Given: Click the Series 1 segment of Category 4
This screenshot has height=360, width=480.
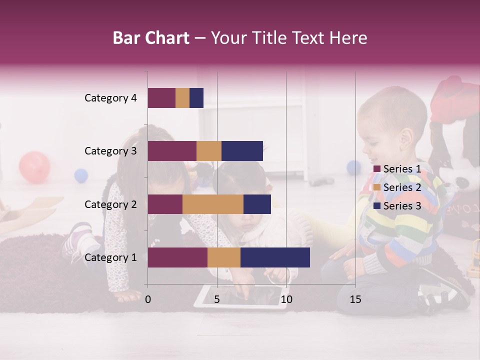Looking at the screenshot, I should (161, 98).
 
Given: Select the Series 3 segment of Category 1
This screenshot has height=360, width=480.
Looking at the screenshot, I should (275, 257).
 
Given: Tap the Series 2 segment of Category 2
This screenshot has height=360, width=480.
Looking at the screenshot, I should (213, 204).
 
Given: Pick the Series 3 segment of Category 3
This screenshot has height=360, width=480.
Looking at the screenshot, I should (242, 151).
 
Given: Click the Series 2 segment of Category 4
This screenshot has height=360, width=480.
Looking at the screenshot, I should (182, 98).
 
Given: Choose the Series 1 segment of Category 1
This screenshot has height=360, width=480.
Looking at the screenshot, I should (177, 257).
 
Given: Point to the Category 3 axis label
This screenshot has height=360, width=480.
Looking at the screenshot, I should (110, 151).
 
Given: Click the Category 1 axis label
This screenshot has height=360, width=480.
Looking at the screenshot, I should (110, 257).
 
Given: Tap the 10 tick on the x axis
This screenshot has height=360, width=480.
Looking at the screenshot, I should (286, 299).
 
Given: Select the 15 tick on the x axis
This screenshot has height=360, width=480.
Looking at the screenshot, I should (355, 299).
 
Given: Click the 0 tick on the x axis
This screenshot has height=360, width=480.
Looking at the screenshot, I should (148, 299).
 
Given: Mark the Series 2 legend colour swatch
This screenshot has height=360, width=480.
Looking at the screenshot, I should (377, 187).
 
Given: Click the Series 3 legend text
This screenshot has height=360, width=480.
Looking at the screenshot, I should (402, 206).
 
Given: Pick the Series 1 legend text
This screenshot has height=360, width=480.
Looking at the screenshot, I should (402, 169).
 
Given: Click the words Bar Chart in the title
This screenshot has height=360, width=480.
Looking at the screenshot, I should (151, 38).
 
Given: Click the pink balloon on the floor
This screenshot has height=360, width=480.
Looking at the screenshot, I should (34, 167).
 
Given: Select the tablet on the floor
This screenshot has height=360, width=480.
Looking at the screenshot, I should (240, 297).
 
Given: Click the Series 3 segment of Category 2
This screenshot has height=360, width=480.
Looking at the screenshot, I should (257, 204).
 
